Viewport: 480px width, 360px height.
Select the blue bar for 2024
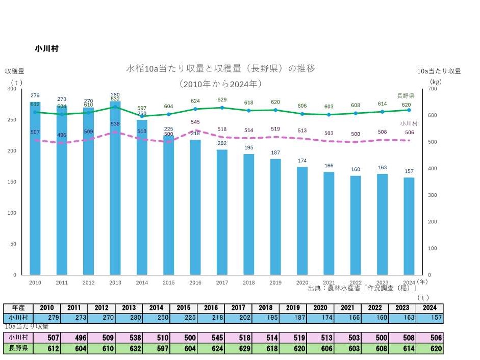409,227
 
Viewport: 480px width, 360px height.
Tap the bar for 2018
248,214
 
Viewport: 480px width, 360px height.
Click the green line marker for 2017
222,108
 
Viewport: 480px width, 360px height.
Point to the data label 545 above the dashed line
195,122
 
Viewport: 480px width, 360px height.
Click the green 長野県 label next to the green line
406,95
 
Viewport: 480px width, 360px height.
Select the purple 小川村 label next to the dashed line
409,123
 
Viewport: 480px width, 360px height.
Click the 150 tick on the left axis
11,182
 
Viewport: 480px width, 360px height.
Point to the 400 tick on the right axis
432,169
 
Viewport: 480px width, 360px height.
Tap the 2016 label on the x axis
195,282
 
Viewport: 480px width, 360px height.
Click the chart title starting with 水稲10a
220,68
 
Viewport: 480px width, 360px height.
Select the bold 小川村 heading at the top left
46,49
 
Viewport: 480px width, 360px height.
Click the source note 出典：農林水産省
363,289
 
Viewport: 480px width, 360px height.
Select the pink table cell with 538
129,338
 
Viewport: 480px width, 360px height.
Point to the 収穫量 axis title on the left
15,71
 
